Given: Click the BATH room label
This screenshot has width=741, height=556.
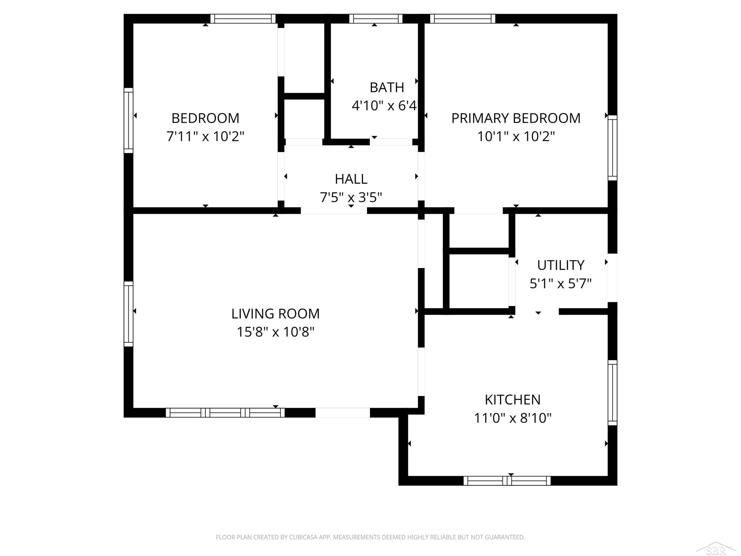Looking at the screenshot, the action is point(387,87).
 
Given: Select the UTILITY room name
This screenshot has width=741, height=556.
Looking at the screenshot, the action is point(561,265).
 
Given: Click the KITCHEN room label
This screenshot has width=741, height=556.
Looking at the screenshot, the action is point(513,400).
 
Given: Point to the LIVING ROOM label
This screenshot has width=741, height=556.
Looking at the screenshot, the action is point(275,314).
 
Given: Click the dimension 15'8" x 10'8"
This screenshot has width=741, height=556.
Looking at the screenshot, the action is point(275,332).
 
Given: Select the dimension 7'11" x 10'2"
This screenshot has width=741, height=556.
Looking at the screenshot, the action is point(205,136).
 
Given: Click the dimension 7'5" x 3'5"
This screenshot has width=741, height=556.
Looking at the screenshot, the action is point(351,197).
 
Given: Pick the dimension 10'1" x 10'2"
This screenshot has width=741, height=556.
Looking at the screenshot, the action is point(516,136).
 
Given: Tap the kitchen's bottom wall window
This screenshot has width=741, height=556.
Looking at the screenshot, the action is point(507,481).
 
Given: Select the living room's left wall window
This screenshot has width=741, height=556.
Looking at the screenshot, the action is point(128,314).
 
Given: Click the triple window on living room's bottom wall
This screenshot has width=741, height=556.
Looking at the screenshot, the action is point(225,413).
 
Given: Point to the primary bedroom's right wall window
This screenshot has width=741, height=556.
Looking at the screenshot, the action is point(612,148).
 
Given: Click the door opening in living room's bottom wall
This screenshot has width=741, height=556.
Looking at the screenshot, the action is point(343,413).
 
